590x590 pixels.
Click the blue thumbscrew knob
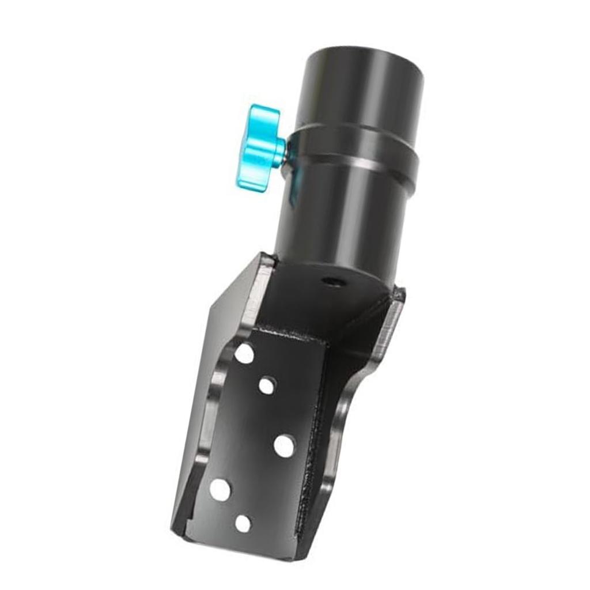257,147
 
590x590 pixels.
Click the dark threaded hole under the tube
331,282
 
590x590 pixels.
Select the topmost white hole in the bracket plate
244,353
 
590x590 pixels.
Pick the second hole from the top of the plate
267,385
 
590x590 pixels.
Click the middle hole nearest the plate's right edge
284,445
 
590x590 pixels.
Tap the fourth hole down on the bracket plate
220,489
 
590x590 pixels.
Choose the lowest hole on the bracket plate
243,523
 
